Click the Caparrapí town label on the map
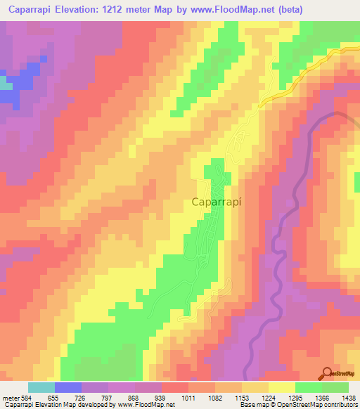(218, 202)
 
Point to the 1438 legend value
(347, 398)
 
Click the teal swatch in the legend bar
(41, 387)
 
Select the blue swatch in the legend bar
(68, 387)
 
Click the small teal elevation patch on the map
(6, 83)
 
